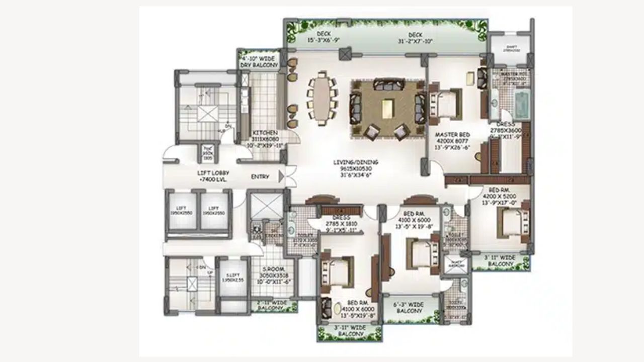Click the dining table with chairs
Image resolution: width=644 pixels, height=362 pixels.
pos(321,98)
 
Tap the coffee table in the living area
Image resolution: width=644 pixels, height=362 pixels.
pos(387,109)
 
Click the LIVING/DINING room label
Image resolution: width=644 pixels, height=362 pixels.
pos(356,162)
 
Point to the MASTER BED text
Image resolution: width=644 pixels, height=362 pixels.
pos(452,135)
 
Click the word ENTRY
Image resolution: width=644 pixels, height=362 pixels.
pos(260,177)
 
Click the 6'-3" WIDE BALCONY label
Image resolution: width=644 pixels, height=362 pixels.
pos(409,308)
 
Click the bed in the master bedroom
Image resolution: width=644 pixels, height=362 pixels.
pos(446,104)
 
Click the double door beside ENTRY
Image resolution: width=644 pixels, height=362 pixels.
pos(289,176)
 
